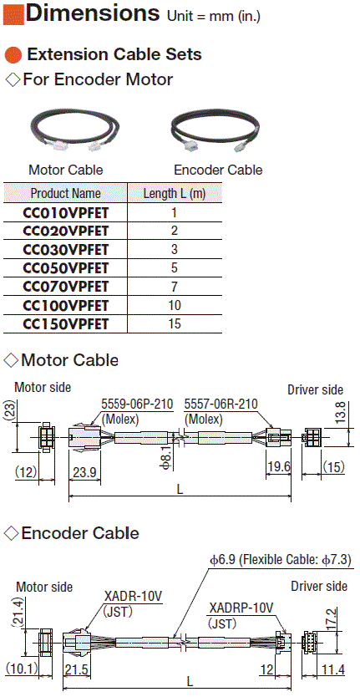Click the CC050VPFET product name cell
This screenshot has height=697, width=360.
click(x=65, y=268)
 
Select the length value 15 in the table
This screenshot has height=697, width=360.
click(x=175, y=323)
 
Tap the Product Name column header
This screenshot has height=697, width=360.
click(x=65, y=193)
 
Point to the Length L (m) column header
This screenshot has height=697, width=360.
click(x=175, y=193)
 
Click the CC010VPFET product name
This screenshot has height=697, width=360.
click(x=65, y=213)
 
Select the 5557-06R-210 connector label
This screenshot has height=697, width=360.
click(x=221, y=405)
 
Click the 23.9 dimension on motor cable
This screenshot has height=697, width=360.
click(x=84, y=472)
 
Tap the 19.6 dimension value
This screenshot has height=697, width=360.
click(x=278, y=466)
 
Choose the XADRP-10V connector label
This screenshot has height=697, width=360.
click(x=241, y=608)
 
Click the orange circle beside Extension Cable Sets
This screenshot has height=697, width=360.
click(x=13, y=54)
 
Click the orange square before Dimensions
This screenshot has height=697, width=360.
click(x=13, y=13)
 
